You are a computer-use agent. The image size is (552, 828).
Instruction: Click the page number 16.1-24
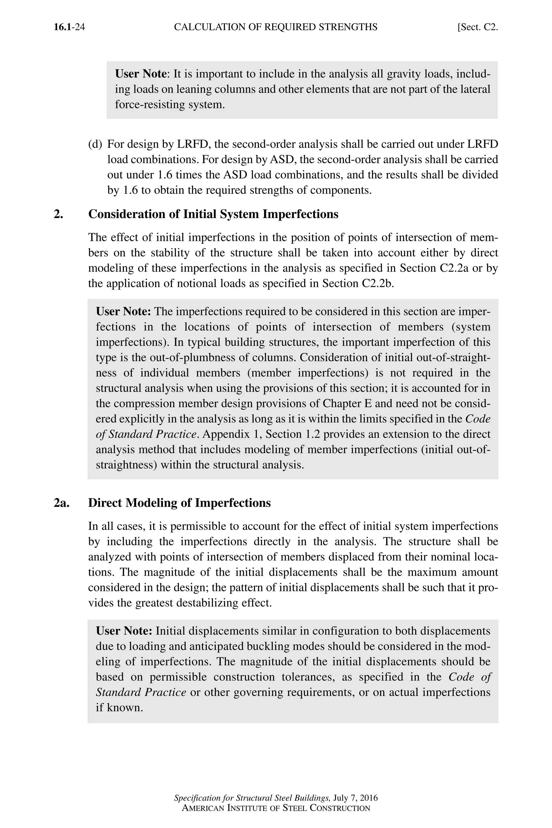click(69, 27)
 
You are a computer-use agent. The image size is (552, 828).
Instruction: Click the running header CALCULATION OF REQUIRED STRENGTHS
click(276, 27)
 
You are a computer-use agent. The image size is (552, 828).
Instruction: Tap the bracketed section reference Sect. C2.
click(478, 27)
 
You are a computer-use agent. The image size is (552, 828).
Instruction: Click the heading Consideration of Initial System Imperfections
click(213, 214)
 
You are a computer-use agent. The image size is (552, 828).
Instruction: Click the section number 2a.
click(62, 503)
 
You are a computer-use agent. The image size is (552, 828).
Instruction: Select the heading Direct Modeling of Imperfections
click(179, 503)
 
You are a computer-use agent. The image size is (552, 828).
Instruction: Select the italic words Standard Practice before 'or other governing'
click(141, 692)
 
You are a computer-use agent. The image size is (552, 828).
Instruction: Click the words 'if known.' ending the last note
click(119, 708)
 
